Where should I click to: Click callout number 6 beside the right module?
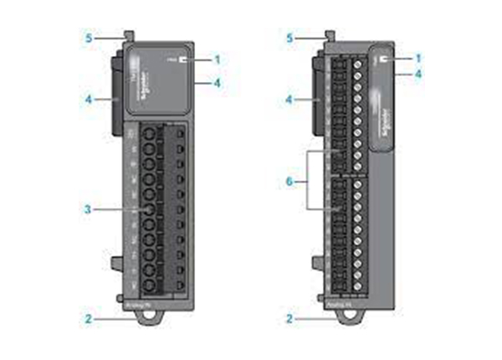click(x=290, y=181)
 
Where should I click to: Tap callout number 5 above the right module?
click(x=289, y=38)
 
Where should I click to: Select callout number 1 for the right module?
click(x=418, y=59)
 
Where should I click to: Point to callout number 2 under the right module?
click(x=289, y=319)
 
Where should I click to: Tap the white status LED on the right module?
click(x=384, y=60)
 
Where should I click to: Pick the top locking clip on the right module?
click(x=328, y=36)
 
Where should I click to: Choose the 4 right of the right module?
click(x=418, y=74)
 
